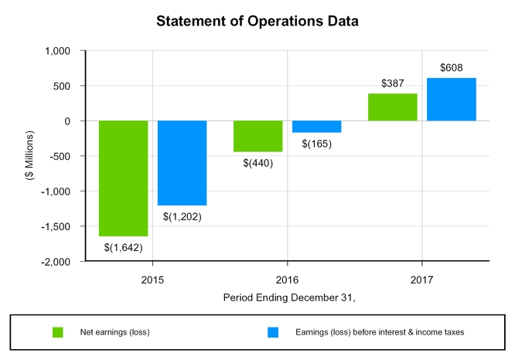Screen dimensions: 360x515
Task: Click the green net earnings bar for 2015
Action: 123,178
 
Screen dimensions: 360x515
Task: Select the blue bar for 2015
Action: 182,163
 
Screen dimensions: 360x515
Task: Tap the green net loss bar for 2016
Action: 257,136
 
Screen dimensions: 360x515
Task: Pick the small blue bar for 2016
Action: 316,127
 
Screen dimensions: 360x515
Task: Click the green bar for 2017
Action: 393,107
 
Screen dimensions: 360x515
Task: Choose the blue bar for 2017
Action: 452,100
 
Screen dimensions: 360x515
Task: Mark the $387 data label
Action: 393,83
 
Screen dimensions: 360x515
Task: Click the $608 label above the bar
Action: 452,68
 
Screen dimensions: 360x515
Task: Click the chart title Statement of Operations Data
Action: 257,21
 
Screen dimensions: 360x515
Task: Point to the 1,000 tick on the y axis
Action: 57,51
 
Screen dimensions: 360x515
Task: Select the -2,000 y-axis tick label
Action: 56,262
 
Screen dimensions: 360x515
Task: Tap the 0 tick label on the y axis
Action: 68,121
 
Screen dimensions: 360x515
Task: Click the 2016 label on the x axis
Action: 288,277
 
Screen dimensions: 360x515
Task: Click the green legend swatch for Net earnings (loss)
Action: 57,332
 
